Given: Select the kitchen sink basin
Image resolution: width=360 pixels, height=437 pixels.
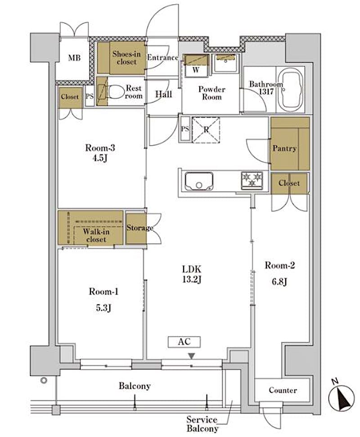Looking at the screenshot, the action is click(199, 182).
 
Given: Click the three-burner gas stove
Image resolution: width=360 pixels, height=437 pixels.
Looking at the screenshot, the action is click(252, 181).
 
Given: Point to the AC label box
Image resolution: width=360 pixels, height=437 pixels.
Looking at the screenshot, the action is click(184, 342).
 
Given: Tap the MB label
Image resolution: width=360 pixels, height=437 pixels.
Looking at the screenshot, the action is click(74, 58).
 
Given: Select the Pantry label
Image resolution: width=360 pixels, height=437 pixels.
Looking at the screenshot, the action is click(284, 148).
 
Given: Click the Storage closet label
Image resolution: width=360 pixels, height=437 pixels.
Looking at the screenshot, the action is click(139, 228).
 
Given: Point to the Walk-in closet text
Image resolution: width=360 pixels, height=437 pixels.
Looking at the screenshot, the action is click(96, 235).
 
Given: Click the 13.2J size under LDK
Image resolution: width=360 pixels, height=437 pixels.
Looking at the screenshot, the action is click(192, 280).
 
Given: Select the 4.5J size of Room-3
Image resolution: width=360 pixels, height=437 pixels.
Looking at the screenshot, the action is click(100, 158).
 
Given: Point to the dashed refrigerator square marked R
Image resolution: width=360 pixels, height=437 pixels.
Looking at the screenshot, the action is click(206, 130).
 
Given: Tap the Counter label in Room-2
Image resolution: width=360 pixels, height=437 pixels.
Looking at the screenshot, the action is click(283, 390).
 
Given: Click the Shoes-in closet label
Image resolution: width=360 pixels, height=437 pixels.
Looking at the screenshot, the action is click(126, 58).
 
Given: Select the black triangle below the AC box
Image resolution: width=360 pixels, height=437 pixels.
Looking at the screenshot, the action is click(191, 356).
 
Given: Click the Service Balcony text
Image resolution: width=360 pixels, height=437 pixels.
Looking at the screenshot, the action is click(202, 424).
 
